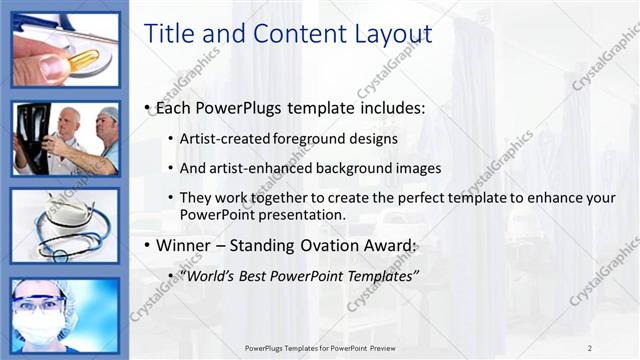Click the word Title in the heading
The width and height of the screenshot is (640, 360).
click(169, 34)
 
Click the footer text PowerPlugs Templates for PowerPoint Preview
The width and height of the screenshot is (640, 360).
click(327, 347)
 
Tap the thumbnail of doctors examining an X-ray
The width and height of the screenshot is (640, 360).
click(66, 138)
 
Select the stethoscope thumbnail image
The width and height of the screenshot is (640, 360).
click(66, 226)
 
